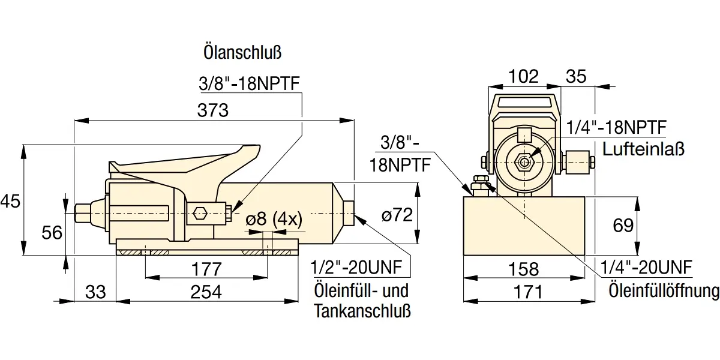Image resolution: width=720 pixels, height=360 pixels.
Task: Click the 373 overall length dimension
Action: (x=213, y=110)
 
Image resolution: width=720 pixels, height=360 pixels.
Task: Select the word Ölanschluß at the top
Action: (x=242, y=52)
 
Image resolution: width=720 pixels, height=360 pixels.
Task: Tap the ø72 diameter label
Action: (x=397, y=214)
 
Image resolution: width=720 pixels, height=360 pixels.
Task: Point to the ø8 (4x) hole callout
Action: (x=274, y=219)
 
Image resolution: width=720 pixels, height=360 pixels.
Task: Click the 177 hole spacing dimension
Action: (x=206, y=269)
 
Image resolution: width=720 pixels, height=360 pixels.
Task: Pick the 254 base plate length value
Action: (x=206, y=292)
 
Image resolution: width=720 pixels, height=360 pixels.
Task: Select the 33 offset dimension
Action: (x=95, y=292)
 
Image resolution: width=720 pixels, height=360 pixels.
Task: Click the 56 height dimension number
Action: (x=52, y=233)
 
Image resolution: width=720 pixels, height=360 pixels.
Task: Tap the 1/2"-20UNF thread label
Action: (x=356, y=268)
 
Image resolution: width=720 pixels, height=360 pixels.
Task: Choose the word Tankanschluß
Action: (x=362, y=311)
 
